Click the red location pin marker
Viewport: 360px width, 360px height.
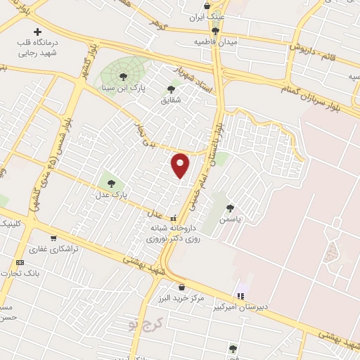coord(181,165)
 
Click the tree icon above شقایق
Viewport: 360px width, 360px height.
coord(171,89)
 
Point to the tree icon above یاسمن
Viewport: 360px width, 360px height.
coord(231,207)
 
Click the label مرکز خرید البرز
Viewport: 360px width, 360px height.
coord(181,298)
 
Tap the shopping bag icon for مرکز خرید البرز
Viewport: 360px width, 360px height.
coord(182,287)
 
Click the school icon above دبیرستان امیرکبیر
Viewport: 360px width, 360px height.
coord(241,295)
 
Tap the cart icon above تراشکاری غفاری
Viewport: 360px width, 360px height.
coord(54,238)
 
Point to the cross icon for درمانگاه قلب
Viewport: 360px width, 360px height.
coord(37,32)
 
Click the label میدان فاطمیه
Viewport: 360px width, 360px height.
coord(217,42)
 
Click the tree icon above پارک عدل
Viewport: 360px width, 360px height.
coord(112,185)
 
